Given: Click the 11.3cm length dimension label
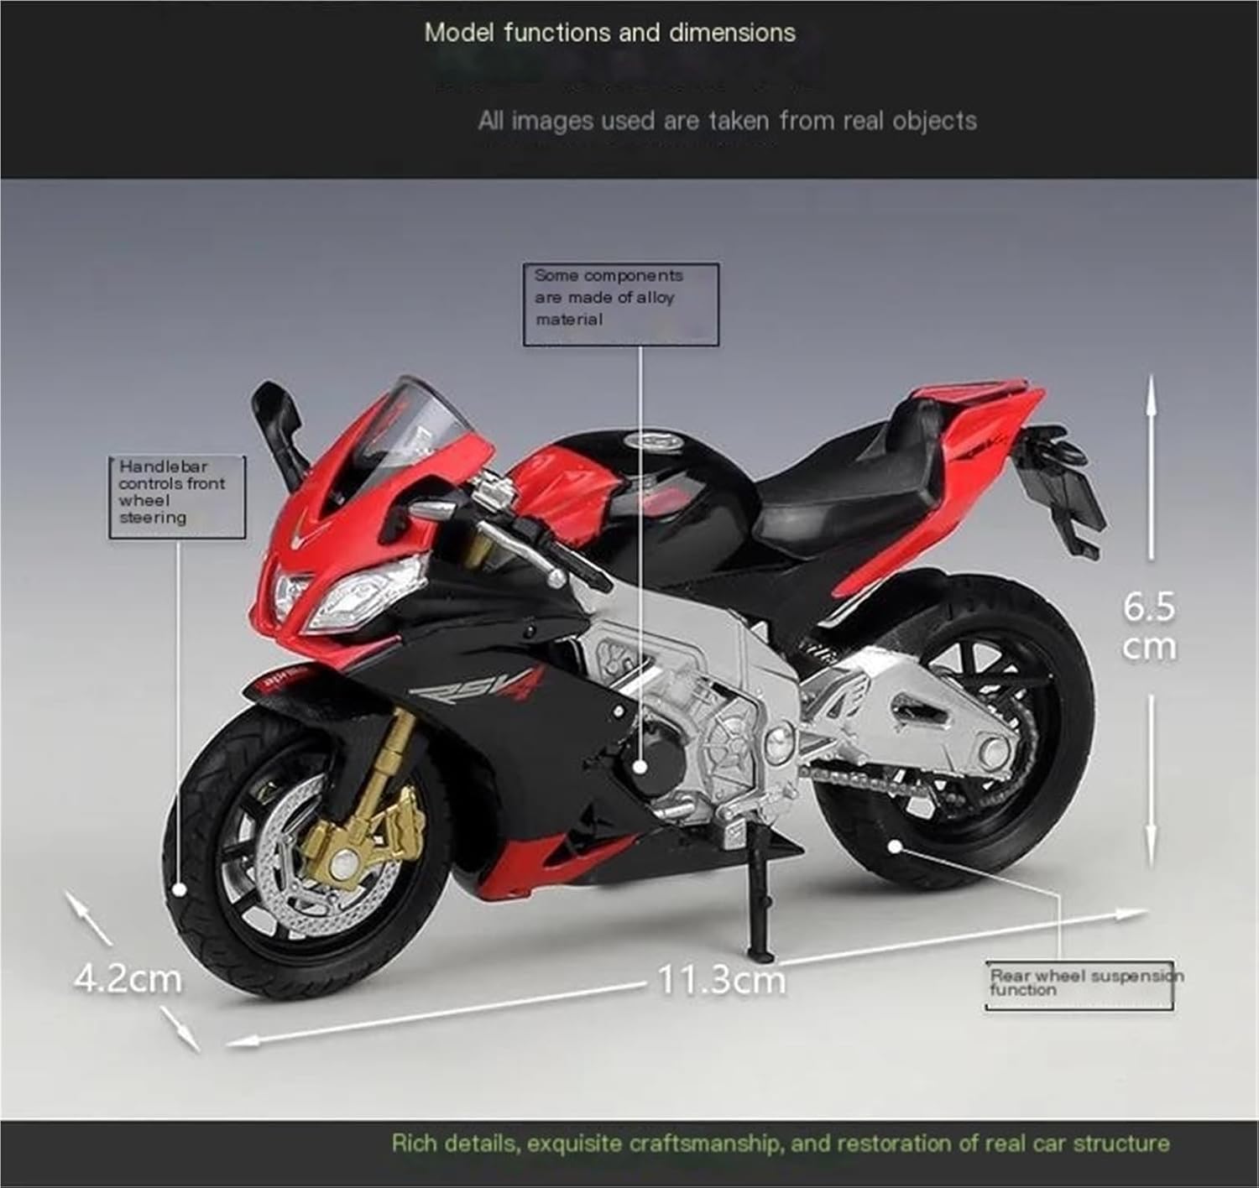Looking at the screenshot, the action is (722, 979).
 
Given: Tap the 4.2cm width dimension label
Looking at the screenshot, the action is (128, 978).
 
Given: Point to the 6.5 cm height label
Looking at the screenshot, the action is (1149, 627).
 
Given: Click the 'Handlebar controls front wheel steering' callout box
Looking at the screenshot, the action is (177, 497).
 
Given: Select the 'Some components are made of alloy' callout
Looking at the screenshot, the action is (620, 305).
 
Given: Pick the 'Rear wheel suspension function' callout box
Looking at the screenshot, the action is (1079, 985).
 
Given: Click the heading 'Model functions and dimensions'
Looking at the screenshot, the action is (610, 33).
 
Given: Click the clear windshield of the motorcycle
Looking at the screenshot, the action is (412, 419).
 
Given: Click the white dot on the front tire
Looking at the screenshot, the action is (180, 890).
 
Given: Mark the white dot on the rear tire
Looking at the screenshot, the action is (895, 847).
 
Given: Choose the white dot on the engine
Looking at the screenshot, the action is (640, 767).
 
